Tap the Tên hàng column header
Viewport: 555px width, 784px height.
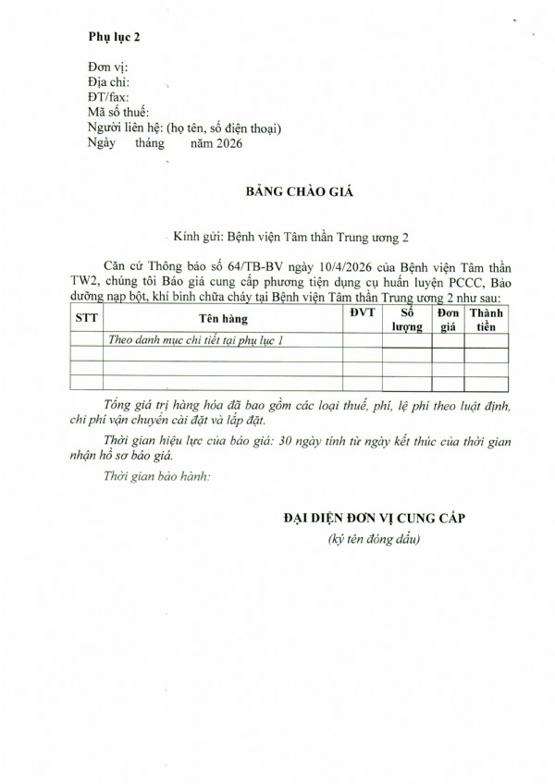222,318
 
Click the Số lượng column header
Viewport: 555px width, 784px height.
406,318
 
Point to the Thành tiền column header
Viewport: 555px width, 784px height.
487,318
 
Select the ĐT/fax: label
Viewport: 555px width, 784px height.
107,97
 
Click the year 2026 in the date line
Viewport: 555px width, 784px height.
228,142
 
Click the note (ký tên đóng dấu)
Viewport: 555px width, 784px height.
375,538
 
